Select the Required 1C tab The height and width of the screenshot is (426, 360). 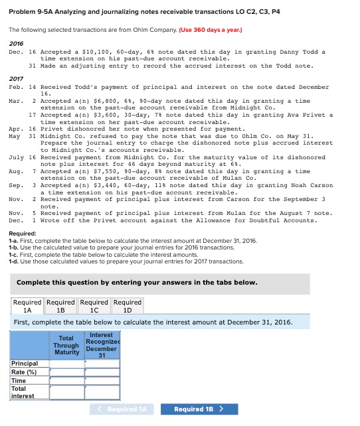click(x=94, y=306)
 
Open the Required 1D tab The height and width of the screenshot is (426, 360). click(x=128, y=306)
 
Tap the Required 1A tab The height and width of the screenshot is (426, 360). click(x=27, y=306)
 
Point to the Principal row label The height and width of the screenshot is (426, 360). click(x=25, y=364)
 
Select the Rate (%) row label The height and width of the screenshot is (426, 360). click(x=25, y=372)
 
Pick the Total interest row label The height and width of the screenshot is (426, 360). click(x=23, y=391)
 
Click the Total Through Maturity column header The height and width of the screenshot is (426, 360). click(x=66, y=345)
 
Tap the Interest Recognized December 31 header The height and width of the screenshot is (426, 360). click(x=101, y=345)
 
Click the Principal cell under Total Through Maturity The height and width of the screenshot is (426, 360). click(x=66, y=364)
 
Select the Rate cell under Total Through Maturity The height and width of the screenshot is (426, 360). click(x=66, y=372)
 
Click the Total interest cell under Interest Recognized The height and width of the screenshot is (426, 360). click(x=101, y=391)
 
